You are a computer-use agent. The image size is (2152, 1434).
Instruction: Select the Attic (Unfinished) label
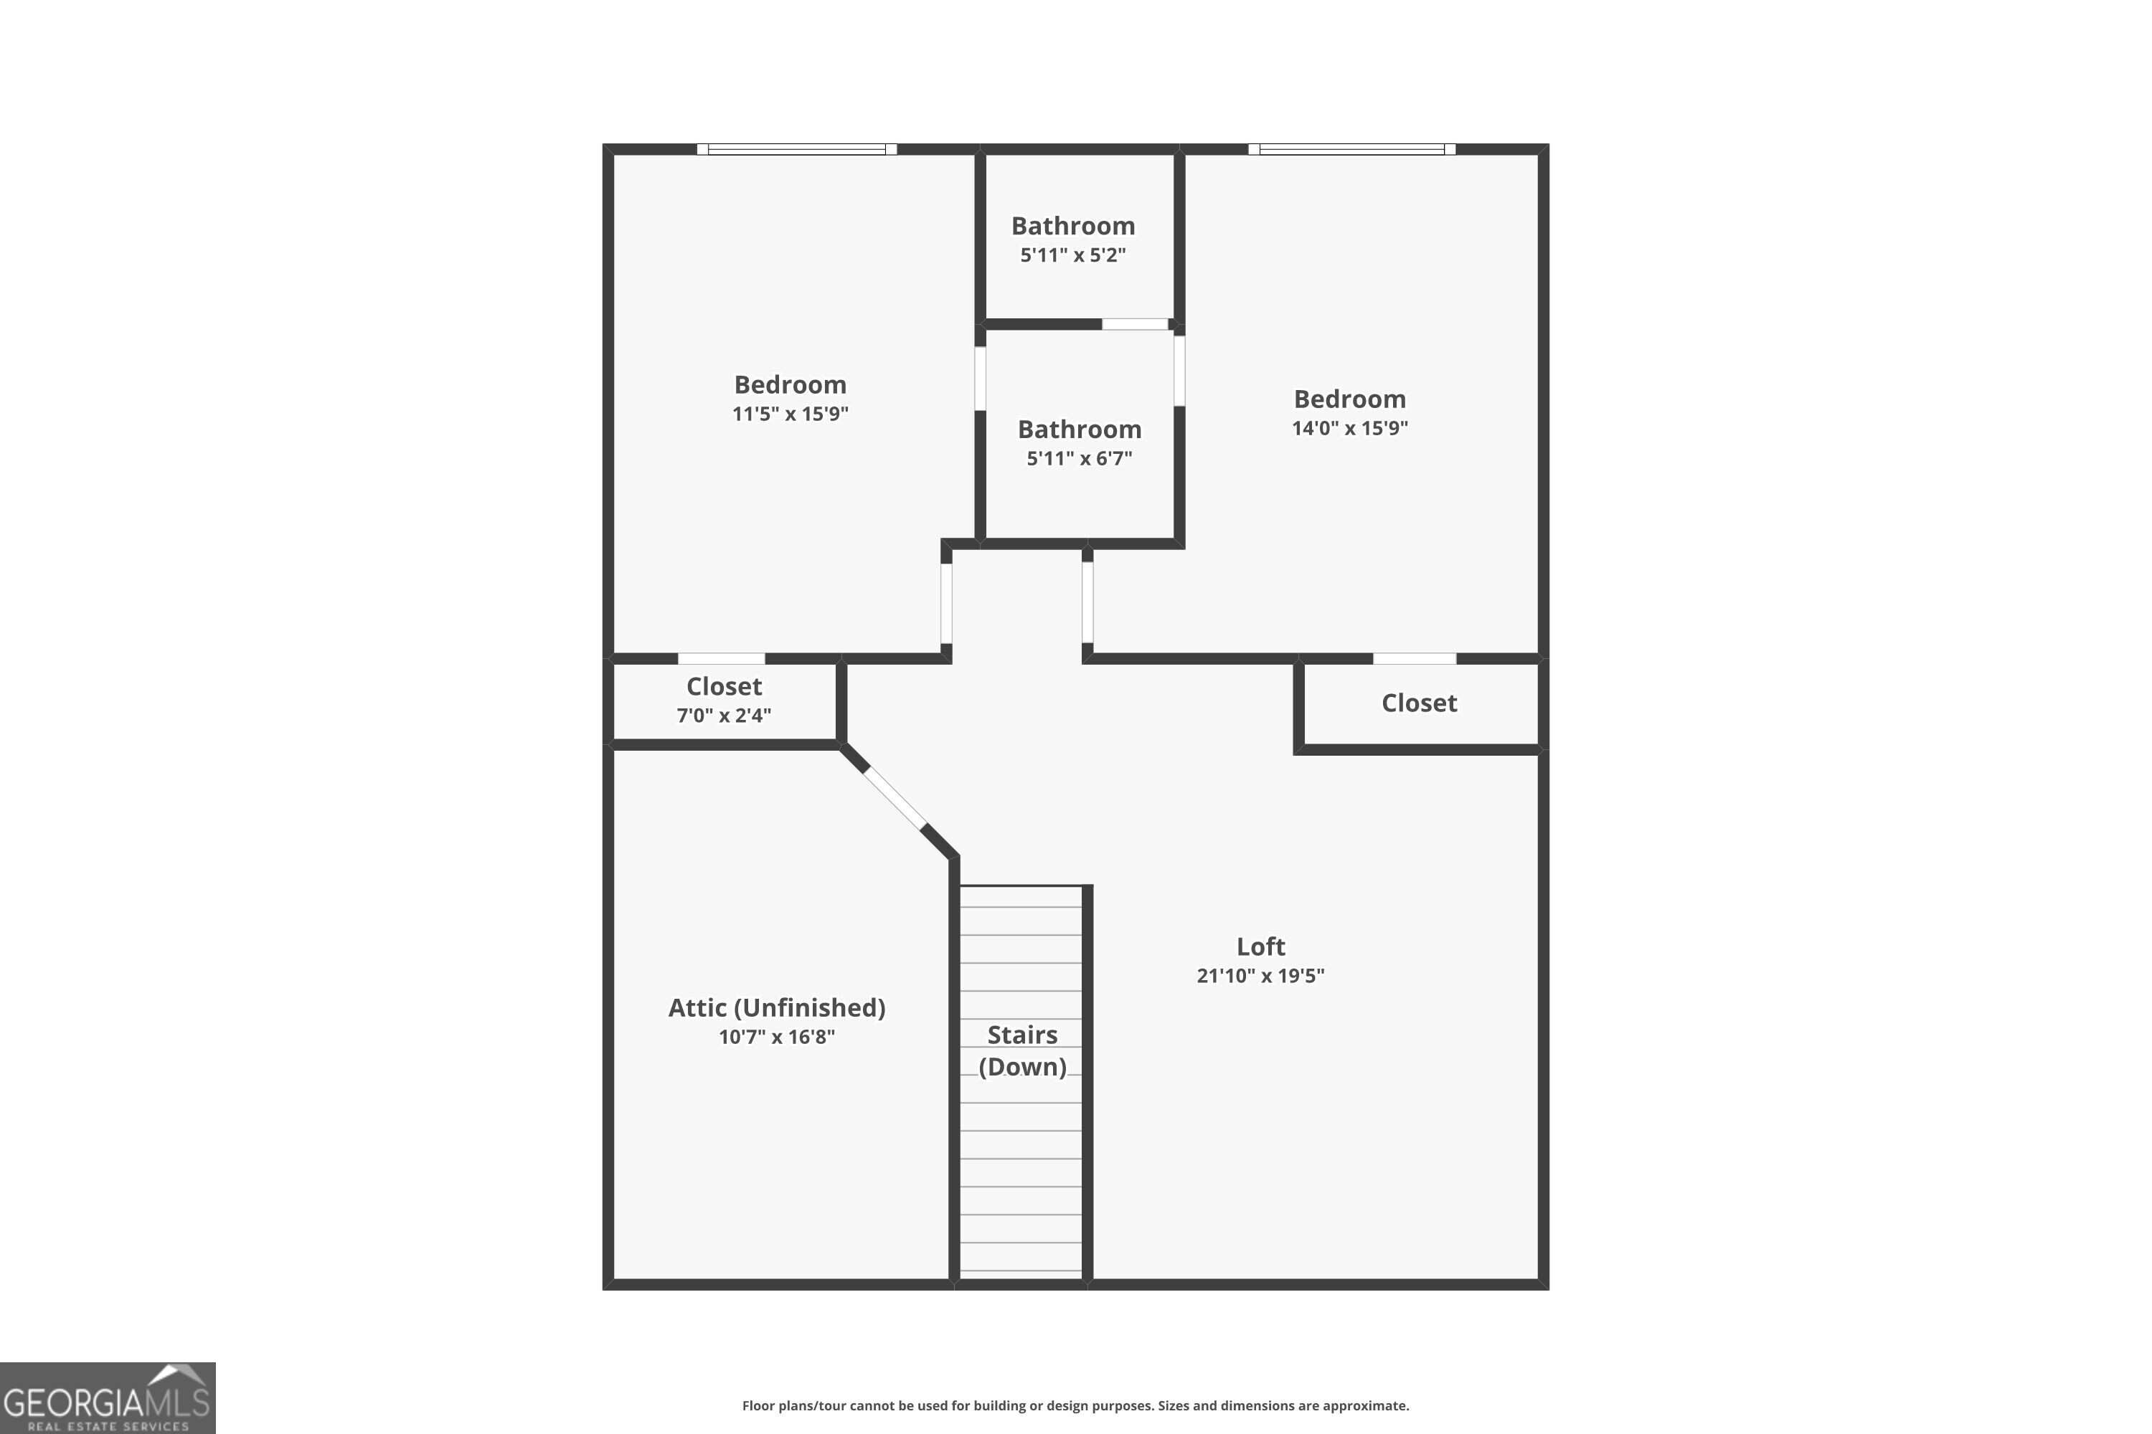777,1008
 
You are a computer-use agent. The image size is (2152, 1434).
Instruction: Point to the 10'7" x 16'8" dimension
777,1037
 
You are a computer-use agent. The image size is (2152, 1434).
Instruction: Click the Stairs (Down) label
1022,1051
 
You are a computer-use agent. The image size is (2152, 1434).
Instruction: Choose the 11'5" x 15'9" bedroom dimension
790,414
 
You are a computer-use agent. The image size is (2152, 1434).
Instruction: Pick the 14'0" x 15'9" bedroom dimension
1349,428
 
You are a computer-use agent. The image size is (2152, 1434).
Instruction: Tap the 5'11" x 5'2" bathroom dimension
1072,255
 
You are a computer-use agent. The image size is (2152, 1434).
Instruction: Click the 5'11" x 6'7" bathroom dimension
1079,459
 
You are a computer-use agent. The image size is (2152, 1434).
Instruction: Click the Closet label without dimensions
1418,703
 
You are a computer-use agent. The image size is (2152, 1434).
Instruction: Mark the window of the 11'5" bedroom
796,149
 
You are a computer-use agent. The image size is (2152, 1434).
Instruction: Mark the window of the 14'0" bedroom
1351,149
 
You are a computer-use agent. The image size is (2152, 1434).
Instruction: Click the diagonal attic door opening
895,797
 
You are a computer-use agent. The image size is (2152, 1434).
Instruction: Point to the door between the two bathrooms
1135,324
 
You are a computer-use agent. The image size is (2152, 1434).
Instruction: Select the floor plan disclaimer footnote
1075,1405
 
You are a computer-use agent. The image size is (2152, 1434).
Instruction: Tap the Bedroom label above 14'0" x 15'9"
1349,399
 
